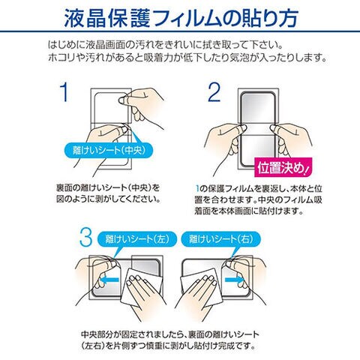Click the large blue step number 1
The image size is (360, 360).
coord(64,92)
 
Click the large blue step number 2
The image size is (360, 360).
coord(214,92)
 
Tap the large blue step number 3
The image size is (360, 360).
coord(85,237)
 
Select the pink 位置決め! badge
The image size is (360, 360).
coord(283,167)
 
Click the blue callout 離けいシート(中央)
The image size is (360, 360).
coord(109,150)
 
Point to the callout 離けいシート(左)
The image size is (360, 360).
coord(137,238)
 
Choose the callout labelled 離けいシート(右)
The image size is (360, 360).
coord(221,238)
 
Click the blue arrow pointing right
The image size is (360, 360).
coord(235,279)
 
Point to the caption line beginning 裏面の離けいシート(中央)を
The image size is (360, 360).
coord(108,187)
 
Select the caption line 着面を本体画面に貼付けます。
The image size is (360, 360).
coord(249,211)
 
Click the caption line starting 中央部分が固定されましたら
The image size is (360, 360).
coord(170,334)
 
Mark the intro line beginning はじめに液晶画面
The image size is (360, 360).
coord(166,45)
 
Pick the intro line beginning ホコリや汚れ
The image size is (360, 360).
coord(187,58)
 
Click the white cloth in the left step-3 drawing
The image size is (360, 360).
coord(141,287)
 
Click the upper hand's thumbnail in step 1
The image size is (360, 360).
coord(122,100)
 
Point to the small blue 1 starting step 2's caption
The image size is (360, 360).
coord(197,188)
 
